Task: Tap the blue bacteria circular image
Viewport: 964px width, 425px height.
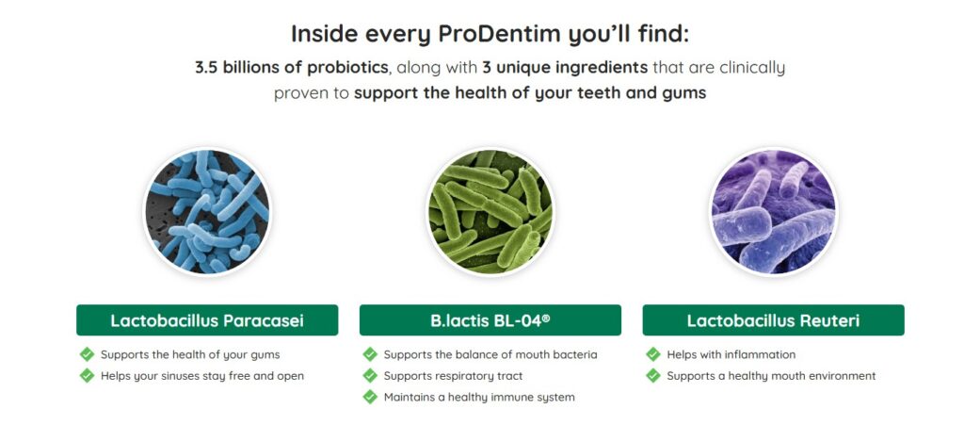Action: point(207,212)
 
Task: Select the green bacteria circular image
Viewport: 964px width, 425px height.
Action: point(490,212)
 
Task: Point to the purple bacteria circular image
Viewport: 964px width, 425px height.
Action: point(773,212)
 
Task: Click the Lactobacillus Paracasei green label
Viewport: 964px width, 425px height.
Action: point(207,320)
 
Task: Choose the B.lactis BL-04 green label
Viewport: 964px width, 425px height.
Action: point(490,320)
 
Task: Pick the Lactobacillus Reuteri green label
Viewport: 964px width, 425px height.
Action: point(774,320)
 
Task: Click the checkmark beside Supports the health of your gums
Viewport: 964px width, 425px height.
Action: point(87,354)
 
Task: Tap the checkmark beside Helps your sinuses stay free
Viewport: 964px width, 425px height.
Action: point(87,375)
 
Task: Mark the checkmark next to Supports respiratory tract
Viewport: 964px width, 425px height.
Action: point(369,375)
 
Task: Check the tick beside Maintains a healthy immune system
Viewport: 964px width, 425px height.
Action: point(369,397)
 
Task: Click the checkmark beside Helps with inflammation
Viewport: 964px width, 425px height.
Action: point(653,354)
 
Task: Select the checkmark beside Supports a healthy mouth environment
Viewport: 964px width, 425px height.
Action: point(653,375)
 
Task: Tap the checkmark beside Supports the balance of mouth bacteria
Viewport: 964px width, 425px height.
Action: point(369,354)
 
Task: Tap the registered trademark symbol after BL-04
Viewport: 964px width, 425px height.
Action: point(546,318)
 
